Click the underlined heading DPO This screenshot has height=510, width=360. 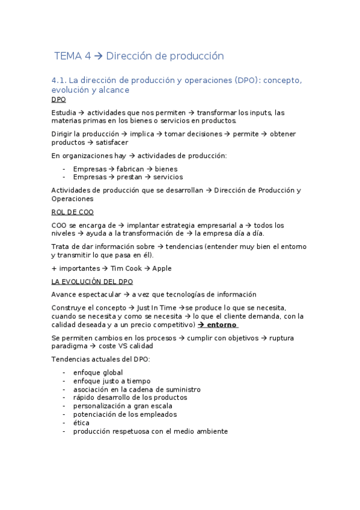click(59, 100)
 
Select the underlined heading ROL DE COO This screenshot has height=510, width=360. click(73, 212)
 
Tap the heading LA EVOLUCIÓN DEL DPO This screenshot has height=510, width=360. click(92, 281)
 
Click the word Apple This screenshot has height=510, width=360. click(162, 268)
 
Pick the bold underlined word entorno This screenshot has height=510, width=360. click(222, 325)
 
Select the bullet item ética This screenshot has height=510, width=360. click(81, 423)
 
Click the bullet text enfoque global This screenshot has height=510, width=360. click(98, 372)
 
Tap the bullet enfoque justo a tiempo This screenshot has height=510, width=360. click(112, 381)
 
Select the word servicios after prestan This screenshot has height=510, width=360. click(168, 177)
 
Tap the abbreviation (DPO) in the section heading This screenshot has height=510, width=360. click(246, 80)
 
